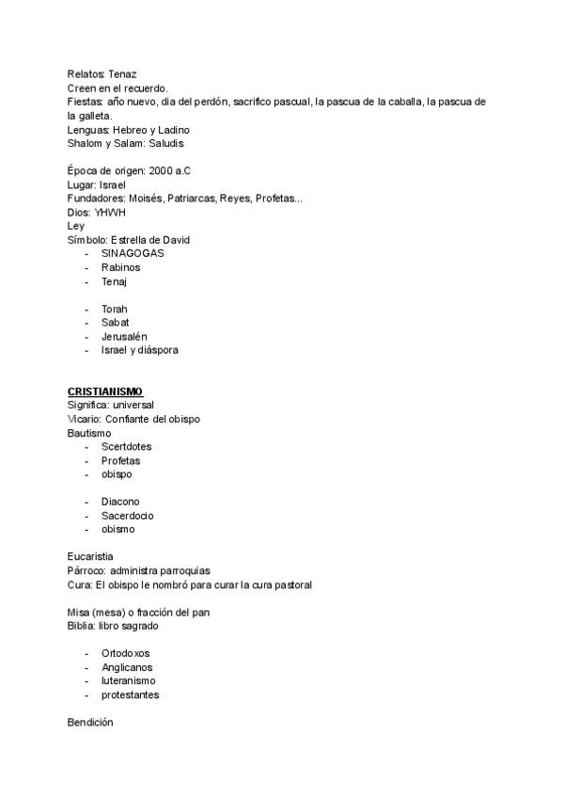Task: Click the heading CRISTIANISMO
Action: [104, 391]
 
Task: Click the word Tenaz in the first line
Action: [123, 73]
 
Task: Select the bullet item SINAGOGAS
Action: [132, 254]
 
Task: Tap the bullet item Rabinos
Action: [120, 267]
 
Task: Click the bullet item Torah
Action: [114, 309]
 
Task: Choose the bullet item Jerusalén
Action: [123, 336]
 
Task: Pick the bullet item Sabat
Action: [115, 323]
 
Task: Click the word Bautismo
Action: [89, 433]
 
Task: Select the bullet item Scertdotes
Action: [126, 446]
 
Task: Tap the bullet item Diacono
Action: [120, 502]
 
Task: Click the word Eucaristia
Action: [90, 557]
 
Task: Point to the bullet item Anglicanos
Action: [127, 667]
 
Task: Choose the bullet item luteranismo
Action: [129, 680]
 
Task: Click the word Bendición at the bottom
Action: [90, 723]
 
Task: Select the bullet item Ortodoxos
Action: [125, 653]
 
